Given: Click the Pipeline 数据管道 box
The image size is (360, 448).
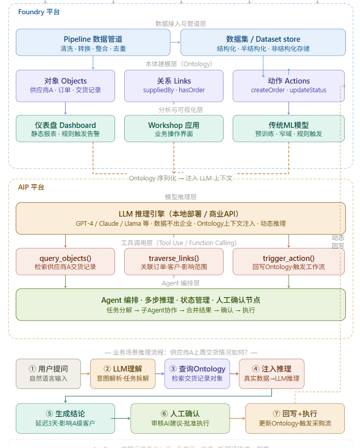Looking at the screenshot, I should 93,43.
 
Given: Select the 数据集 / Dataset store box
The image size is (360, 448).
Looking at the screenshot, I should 263,43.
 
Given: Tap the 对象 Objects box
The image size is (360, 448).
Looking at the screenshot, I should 65,85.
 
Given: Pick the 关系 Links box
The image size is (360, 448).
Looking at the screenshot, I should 174,85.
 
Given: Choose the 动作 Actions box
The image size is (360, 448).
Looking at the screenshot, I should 289,85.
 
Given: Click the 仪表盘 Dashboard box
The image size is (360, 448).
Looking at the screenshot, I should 65,129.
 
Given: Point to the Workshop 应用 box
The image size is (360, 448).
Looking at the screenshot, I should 174,129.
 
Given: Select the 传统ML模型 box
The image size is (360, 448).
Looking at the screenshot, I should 289,129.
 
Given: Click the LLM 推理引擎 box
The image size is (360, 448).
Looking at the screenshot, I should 180,218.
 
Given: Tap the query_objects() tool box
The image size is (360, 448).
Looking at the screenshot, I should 65,262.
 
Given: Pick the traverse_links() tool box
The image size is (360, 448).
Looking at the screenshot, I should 174,262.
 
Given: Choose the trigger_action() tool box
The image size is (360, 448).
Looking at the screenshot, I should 289,262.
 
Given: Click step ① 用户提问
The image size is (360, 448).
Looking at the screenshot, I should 48,374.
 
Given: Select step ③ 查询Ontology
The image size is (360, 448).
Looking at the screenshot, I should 197,374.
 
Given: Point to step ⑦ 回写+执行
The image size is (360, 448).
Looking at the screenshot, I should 295,418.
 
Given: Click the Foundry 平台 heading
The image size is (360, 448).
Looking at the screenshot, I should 39,12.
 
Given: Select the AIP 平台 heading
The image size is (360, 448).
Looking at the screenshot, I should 31,187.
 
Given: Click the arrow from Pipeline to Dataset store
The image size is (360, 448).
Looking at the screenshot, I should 175,42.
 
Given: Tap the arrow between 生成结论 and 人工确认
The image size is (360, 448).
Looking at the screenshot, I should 121,418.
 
